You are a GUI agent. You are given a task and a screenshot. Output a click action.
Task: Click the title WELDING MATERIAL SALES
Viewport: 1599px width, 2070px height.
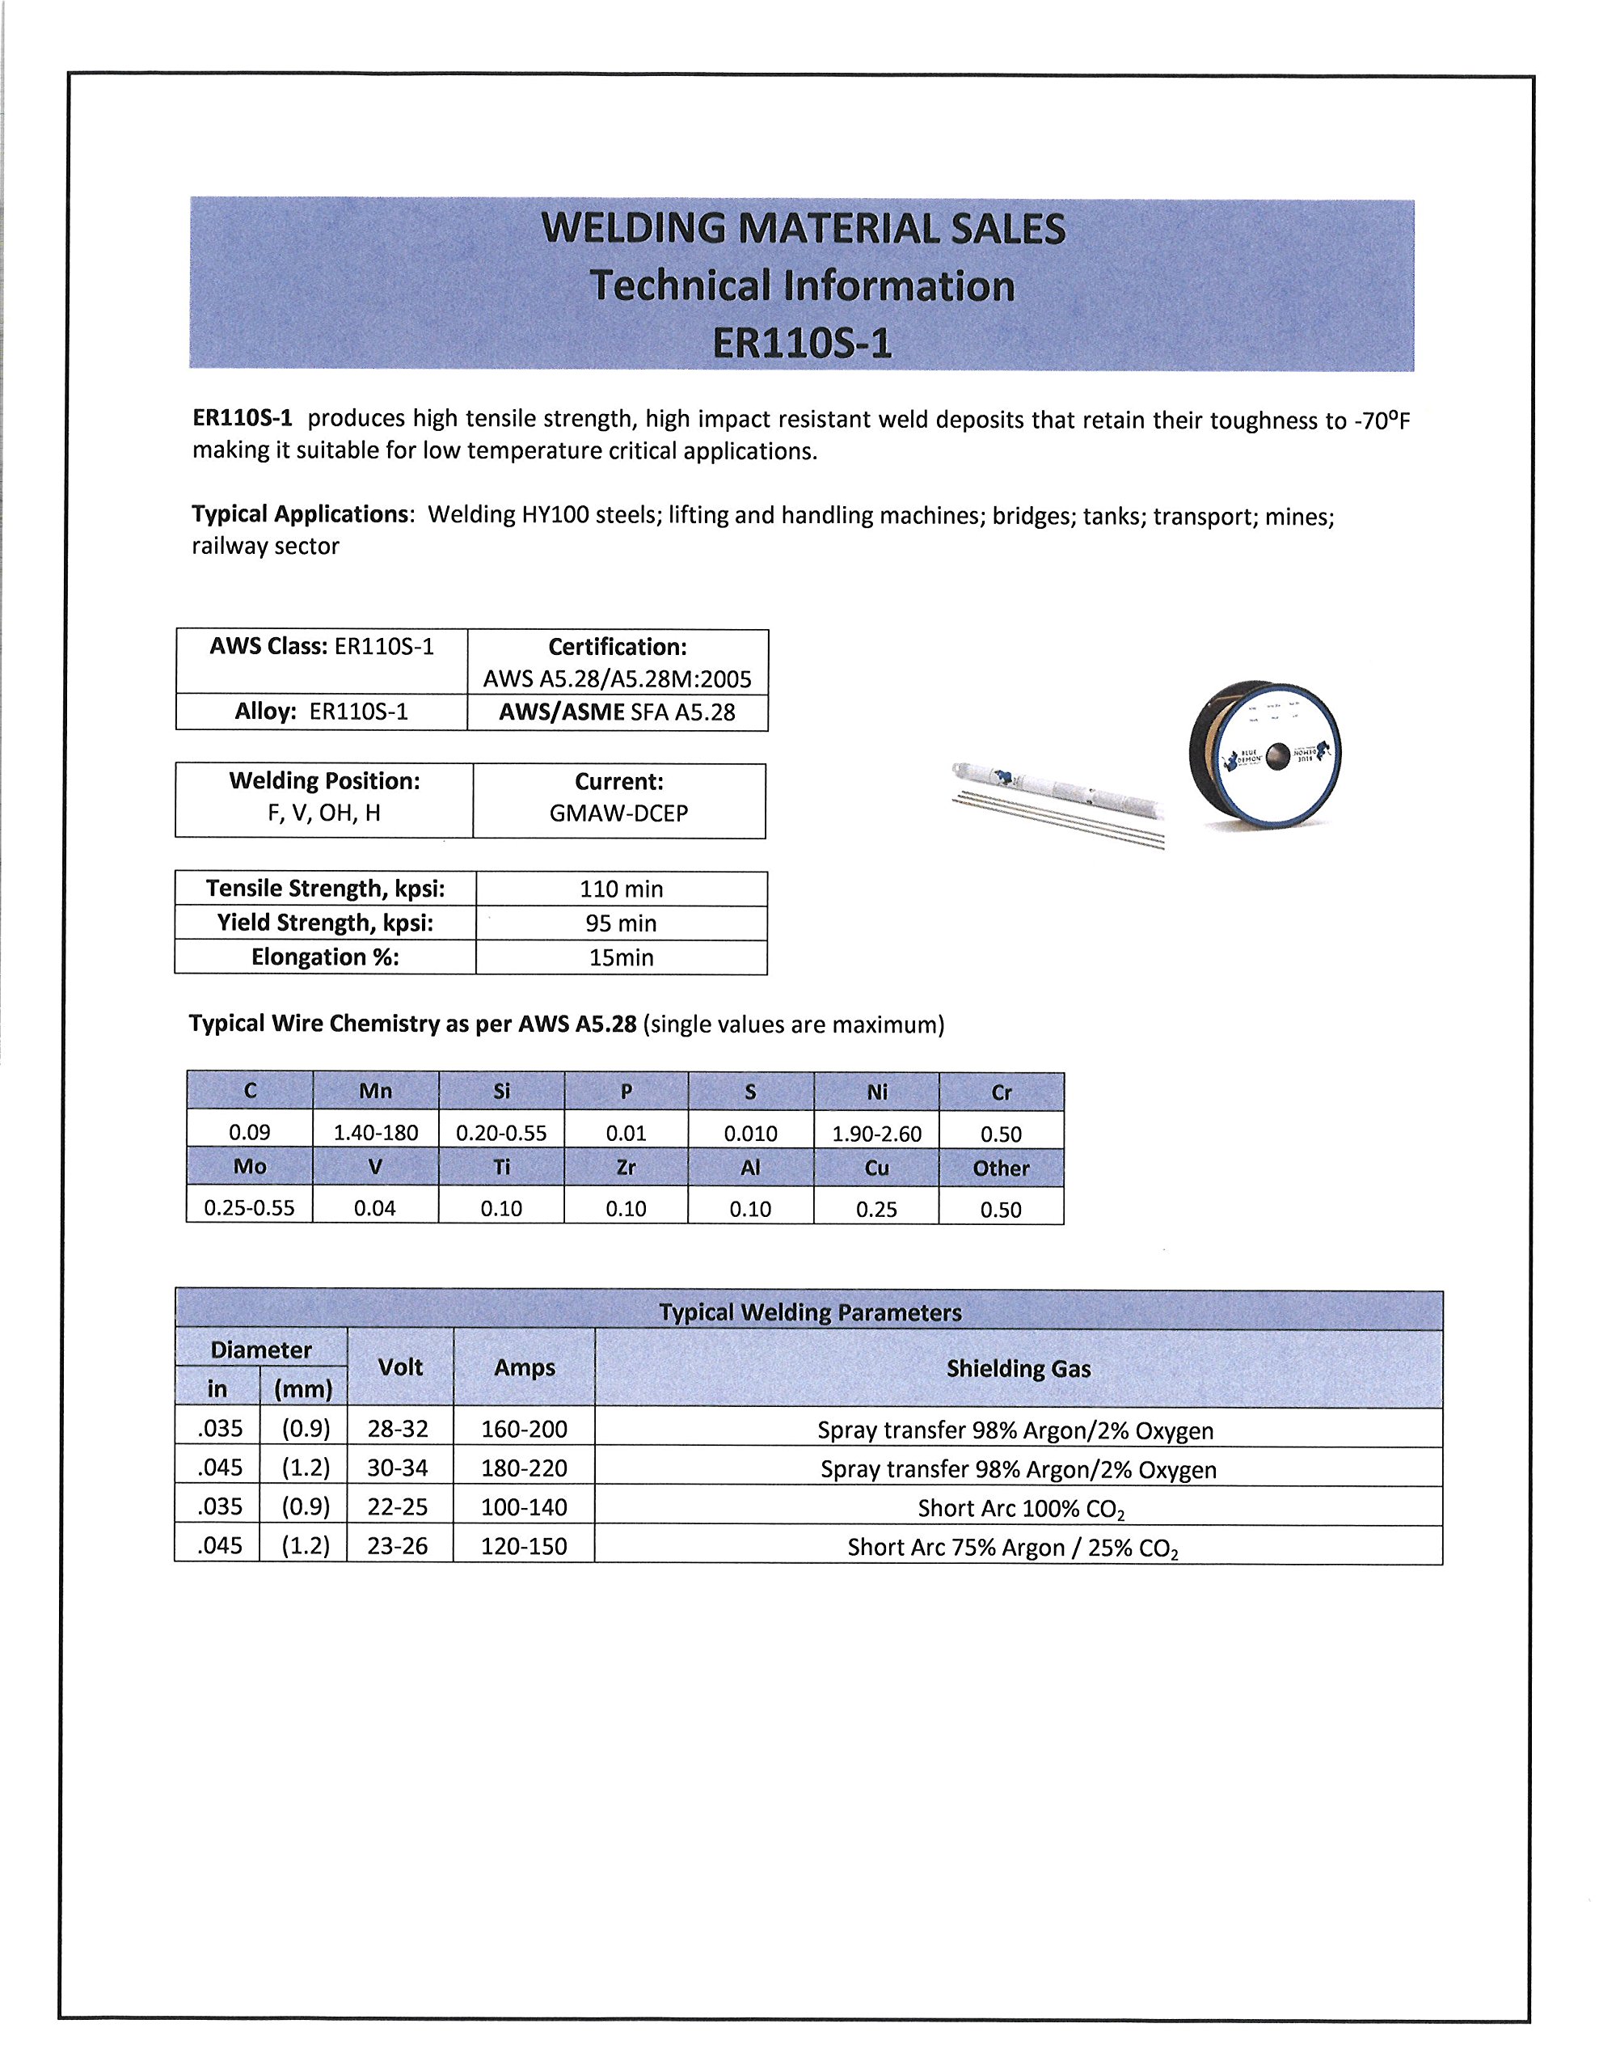tap(803, 228)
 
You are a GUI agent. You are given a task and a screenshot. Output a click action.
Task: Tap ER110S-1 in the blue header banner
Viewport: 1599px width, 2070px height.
tap(802, 343)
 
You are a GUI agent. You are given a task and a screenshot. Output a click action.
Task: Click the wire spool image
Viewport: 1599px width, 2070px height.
tap(1266, 755)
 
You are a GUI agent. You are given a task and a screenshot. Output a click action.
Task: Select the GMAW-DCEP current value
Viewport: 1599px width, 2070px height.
tap(619, 813)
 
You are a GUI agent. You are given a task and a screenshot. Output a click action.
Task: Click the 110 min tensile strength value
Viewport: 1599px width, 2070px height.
tap(621, 889)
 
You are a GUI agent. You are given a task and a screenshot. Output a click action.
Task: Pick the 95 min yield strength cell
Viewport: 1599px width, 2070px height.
tap(621, 923)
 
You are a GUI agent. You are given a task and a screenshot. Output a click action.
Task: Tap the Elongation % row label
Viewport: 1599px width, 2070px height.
tap(325, 957)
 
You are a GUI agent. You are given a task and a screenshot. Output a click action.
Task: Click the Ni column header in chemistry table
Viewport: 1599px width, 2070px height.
tap(877, 1092)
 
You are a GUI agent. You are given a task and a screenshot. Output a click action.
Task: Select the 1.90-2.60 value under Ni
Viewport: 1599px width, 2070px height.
tap(877, 1134)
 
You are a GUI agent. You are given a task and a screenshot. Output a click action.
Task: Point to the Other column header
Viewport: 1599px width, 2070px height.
tap(1001, 1168)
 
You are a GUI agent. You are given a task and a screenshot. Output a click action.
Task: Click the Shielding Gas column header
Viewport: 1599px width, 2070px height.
tap(1018, 1369)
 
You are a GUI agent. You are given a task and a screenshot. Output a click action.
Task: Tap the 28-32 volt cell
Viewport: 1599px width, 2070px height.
tap(398, 1428)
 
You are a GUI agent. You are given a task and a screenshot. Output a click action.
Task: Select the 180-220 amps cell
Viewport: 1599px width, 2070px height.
tap(524, 1468)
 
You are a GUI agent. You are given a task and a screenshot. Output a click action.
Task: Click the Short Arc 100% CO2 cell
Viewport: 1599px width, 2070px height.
tap(1020, 1508)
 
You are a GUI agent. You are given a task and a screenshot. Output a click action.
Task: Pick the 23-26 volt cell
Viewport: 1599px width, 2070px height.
tap(398, 1546)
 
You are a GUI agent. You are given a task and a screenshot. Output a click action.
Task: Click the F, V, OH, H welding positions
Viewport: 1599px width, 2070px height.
tap(324, 813)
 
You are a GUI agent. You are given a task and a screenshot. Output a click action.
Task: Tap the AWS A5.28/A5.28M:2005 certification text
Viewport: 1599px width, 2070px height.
tap(617, 678)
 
